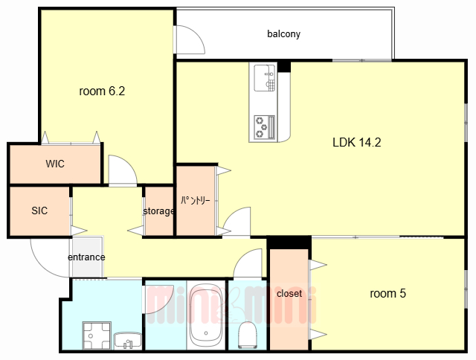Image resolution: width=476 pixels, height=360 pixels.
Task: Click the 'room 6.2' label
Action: pyautogui.click(x=102, y=91)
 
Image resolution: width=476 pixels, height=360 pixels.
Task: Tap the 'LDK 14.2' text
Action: pyautogui.click(x=357, y=142)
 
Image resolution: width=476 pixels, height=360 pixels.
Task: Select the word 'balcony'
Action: pyautogui.click(x=283, y=33)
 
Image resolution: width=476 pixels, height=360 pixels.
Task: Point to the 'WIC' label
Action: pyautogui.click(x=55, y=164)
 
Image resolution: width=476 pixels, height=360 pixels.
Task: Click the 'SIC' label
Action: pyautogui.click(x=39, y=210)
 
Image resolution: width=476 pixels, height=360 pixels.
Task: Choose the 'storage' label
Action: pyautogui.click(x=158, y=211)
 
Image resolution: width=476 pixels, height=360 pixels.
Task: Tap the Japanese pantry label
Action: pyautogui.click(x=196, y=200)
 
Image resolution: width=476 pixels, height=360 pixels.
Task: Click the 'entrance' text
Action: pyautogui.click(x=86, y=257)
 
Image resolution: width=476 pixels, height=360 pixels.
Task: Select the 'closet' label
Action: pyautogui.click(x=289, y=294)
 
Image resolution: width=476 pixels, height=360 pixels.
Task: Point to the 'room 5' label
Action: pyautogui.click(x=387, y=294)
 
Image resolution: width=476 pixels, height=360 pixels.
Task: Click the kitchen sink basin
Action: pyautogui.click(x=265, y=77)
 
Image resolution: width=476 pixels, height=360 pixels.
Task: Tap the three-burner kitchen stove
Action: pyautogui.click(x=264, y=126)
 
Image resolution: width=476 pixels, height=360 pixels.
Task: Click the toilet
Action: pyautogui.click(x=248, y=335)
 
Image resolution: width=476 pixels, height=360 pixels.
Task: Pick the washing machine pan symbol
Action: pyautogui.click(x=97, y=335)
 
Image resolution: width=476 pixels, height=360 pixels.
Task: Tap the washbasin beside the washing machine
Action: pyautogui.click(x=128, y=341)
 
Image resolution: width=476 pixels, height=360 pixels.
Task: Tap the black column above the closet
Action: pyautogui.click(x=289, y=242)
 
